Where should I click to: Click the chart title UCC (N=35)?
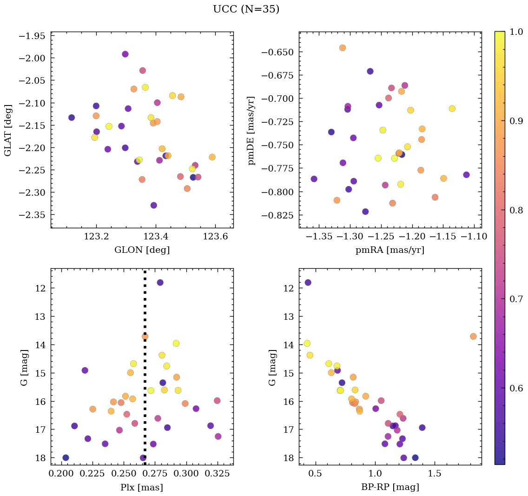click(x=246, y=9)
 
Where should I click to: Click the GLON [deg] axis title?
click(x=142, y=250)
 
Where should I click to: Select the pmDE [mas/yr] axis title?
click(x=251, y=130)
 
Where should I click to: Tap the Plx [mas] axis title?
click(x=142, y=487)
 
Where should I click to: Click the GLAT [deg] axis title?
click(x=7, y=130)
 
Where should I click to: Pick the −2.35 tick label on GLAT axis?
click(x=32, y=215)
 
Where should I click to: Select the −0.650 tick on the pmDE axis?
click(x=277, y=52)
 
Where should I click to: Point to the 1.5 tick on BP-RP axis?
click(x=435, y=474)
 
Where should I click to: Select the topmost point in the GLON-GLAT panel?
click(x=125, y=54)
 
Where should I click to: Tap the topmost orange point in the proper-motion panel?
click(x=343, y=47)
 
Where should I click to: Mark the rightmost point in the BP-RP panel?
click(x=473, y=336)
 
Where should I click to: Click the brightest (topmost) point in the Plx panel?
click(x=160, y=282)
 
